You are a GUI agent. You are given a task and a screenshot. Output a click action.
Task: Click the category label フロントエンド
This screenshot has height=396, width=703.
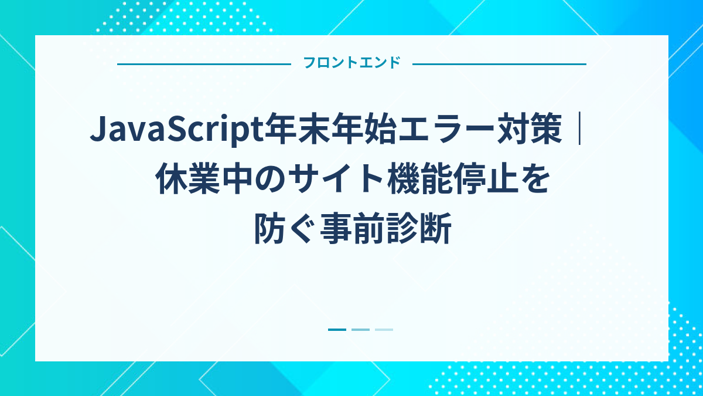tap(351, 63)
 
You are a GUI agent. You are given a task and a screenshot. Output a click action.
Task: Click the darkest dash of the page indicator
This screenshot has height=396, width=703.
tap(337, 330)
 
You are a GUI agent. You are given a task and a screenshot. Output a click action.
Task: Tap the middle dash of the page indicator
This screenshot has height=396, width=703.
tap(360, 330)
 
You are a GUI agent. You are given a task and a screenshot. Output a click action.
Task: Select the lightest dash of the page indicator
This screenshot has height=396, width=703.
tap(384, 330)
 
